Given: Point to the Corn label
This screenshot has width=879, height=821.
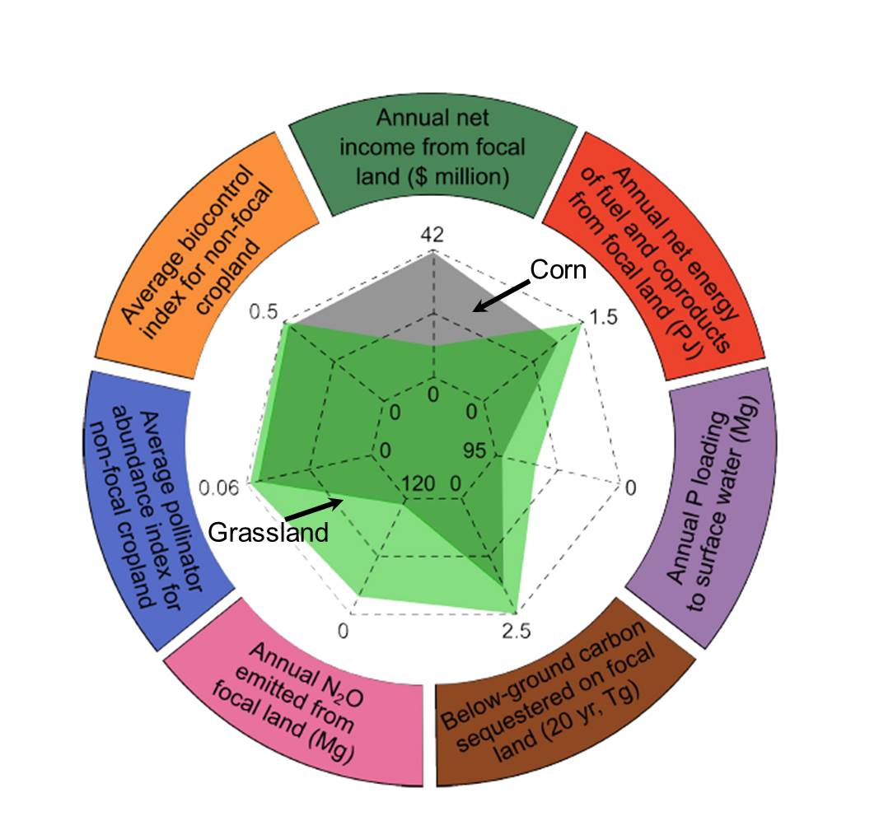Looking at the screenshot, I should pos(557,270).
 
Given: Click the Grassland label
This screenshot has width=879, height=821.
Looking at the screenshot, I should pos(267,532).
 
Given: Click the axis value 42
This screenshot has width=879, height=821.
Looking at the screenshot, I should pos(432,235).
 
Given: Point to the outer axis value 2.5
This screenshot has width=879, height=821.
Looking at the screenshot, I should pos(517,632).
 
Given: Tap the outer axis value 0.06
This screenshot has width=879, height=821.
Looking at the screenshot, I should pos(219,488).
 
